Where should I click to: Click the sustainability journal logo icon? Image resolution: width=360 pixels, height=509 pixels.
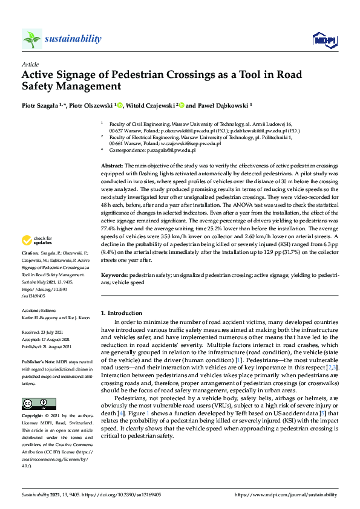31,39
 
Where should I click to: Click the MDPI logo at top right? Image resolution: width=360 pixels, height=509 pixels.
324,40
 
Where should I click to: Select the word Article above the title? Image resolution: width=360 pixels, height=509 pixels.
30,63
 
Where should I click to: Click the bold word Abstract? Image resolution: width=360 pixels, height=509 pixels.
112,165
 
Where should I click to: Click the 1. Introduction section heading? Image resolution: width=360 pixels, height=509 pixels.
121,313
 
